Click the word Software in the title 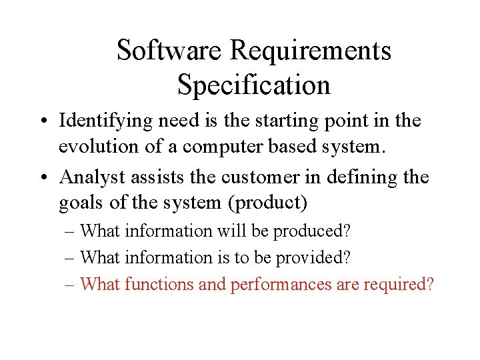pos(170,50)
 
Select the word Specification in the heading pos(254,85)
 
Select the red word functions pos(159,285)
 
